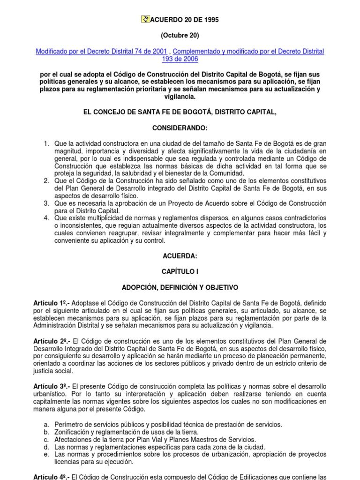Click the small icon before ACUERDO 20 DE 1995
[x=145, y=19]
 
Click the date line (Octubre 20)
[x=180, y=35]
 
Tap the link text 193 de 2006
[x=180, y=59]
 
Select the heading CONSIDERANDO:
[x=180, y=128]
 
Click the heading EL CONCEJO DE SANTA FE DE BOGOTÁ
[x=180, y=112]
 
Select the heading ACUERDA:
[x=180, y=256]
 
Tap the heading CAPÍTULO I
[x=180, y=271]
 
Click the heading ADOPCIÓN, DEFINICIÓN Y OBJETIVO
[x=180, y=287]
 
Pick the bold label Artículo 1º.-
[x=51, y=303]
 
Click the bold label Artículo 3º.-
[x=51, y=386]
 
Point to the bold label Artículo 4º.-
[x=51, y=477]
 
